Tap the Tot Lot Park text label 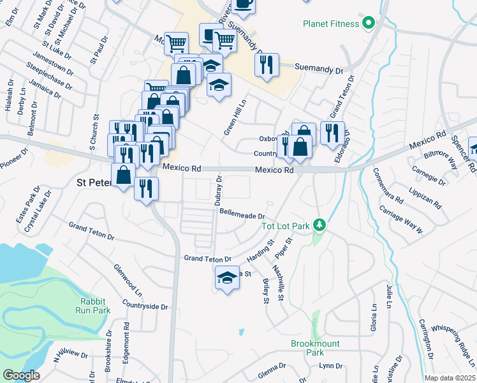click(x=285, y=226)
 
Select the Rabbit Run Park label click(x=95, y=306)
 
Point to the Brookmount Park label click(x=315, y=348)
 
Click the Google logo click(x=21, y=375)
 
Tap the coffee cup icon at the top click(x=242, y=4)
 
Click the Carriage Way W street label click(x=401, y=220)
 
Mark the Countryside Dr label click(x=147, y=307)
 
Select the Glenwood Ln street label click(x=128, y=282)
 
